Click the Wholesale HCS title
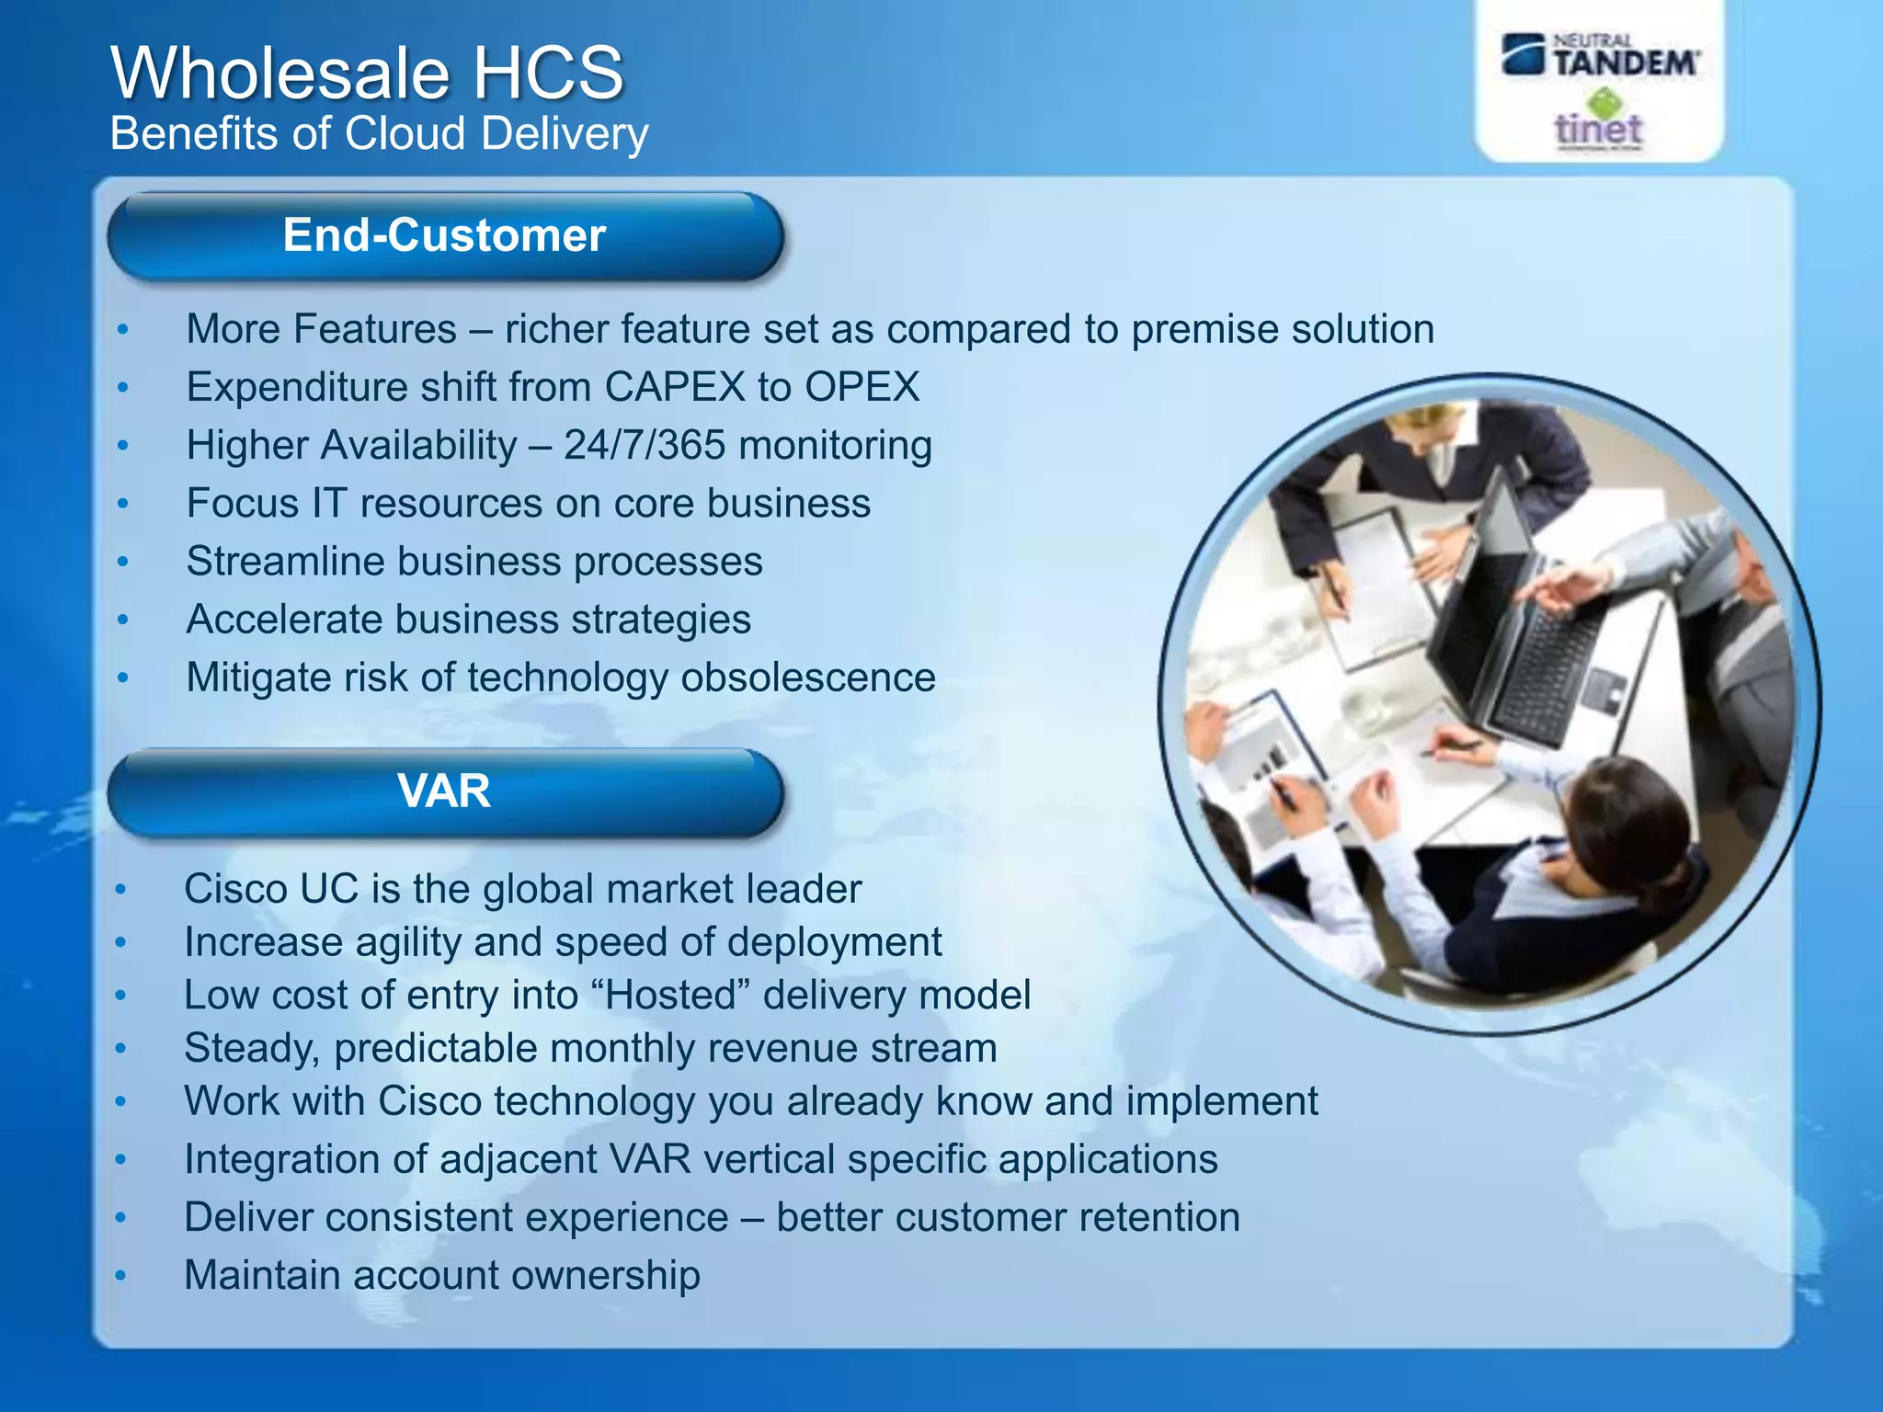point(368,74)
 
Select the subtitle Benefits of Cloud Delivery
point(379,134)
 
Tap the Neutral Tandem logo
point(1601,56)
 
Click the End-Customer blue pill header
point(445,236)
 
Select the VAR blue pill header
point(445,791)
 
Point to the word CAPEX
point(675,387)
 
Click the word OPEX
point(862,387)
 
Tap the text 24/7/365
point(645,446)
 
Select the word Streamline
point(284,562)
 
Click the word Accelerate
point(284,620)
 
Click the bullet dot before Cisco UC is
point(120,890)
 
